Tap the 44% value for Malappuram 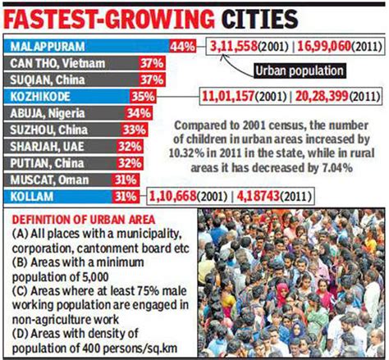click(x=183, y=47)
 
